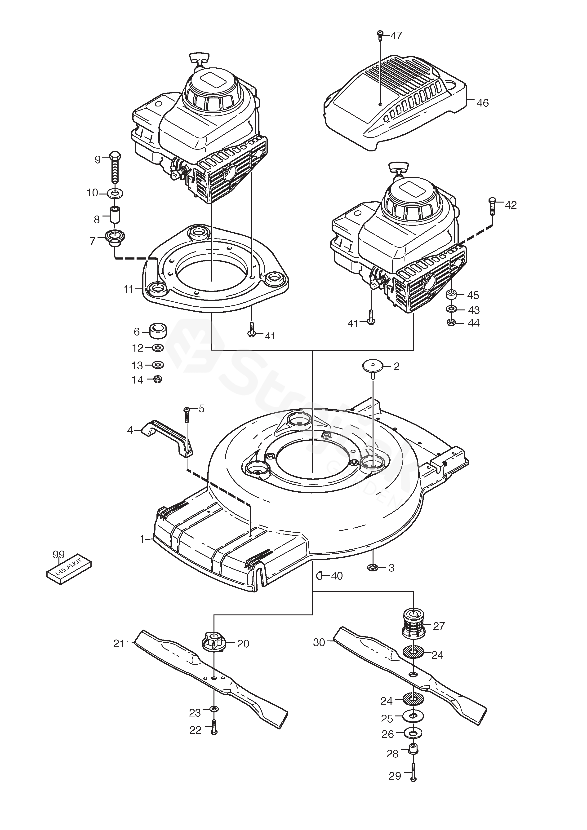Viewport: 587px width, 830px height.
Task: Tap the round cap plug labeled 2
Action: tap(373, 368)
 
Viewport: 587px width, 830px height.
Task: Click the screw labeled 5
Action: tap(187, 414)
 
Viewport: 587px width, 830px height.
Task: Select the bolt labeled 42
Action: tap(492, 206)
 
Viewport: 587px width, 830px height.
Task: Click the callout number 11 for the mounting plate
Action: tap(128, 290)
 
